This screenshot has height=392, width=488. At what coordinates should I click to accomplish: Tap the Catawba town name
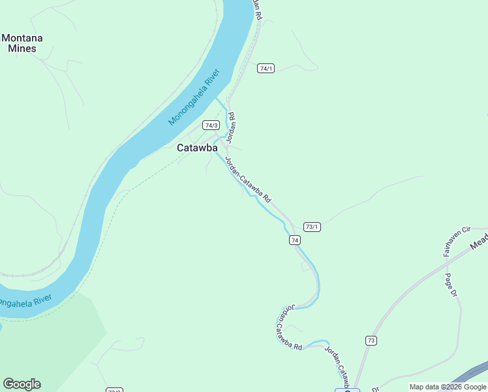[x=197, y=148]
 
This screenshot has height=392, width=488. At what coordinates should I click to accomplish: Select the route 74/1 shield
[x=266, y=69]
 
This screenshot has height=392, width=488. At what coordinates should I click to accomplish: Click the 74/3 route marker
[x=211, y=125]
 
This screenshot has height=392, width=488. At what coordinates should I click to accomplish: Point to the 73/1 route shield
[x=312, y=227]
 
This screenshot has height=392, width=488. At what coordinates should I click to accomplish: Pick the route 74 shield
[x=296, y=240]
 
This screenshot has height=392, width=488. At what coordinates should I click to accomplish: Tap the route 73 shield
[x=371, y=340]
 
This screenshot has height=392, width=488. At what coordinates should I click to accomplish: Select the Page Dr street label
[x=450, y=285]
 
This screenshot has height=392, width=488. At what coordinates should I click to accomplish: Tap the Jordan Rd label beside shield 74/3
[x=231, y=127]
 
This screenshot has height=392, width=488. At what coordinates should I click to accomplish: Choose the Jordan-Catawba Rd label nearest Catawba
[x=248, y=180]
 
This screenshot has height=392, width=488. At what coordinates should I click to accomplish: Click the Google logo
[x=22, y=384]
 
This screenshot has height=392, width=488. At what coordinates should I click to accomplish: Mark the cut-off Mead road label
[x=479, y=243]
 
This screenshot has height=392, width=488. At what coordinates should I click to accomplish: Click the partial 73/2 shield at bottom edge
[x=114, y=390]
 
